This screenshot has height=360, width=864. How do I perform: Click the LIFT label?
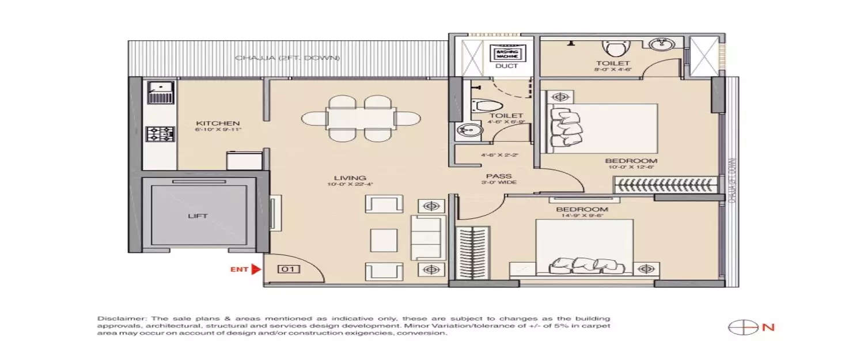[x=198, y=217]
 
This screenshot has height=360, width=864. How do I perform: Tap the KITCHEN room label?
[x=217, y=123]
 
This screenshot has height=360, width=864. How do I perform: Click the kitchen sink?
[x=160, y=92]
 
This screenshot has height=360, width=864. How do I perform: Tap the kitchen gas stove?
[x=160, y=135]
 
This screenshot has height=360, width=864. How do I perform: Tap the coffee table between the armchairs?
[x=383, y=238]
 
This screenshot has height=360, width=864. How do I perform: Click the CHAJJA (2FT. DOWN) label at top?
[x=287, y=58]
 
